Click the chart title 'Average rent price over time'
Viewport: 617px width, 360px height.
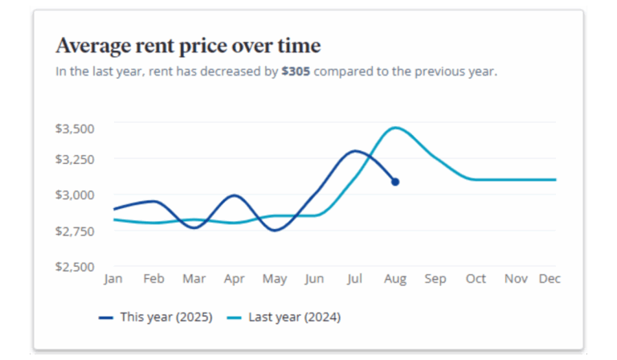click(x=187, y=45)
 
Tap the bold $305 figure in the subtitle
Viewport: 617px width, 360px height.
click(x=296, y=72)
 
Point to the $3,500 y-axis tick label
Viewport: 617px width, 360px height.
click(x=75, y=128)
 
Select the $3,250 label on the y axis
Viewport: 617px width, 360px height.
click(x=75, y=159)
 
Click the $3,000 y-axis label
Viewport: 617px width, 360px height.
click(x=75, y=194)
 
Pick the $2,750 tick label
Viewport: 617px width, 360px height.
click(x=75, y=231)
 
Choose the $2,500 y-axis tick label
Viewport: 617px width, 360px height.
click(x=75, y=267)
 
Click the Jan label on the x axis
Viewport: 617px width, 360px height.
click(x=113, y=279)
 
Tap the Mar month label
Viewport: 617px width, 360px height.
click(x=194, y=279)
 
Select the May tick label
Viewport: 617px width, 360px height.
click(x=275, y=279)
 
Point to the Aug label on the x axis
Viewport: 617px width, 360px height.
click(x=395, y=279)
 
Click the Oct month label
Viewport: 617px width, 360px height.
click(x=476, y=279)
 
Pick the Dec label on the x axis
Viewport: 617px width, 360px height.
click(x=550, y=279)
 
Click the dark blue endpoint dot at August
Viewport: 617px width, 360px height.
click(x=395, y=182)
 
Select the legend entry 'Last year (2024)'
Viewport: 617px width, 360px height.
click(x=294, y=317)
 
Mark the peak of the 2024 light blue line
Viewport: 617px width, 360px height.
click(x=394, y=128)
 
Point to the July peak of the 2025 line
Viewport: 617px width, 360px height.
click(x=356, y=151)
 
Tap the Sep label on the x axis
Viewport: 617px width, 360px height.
click(x=435, y=279)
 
